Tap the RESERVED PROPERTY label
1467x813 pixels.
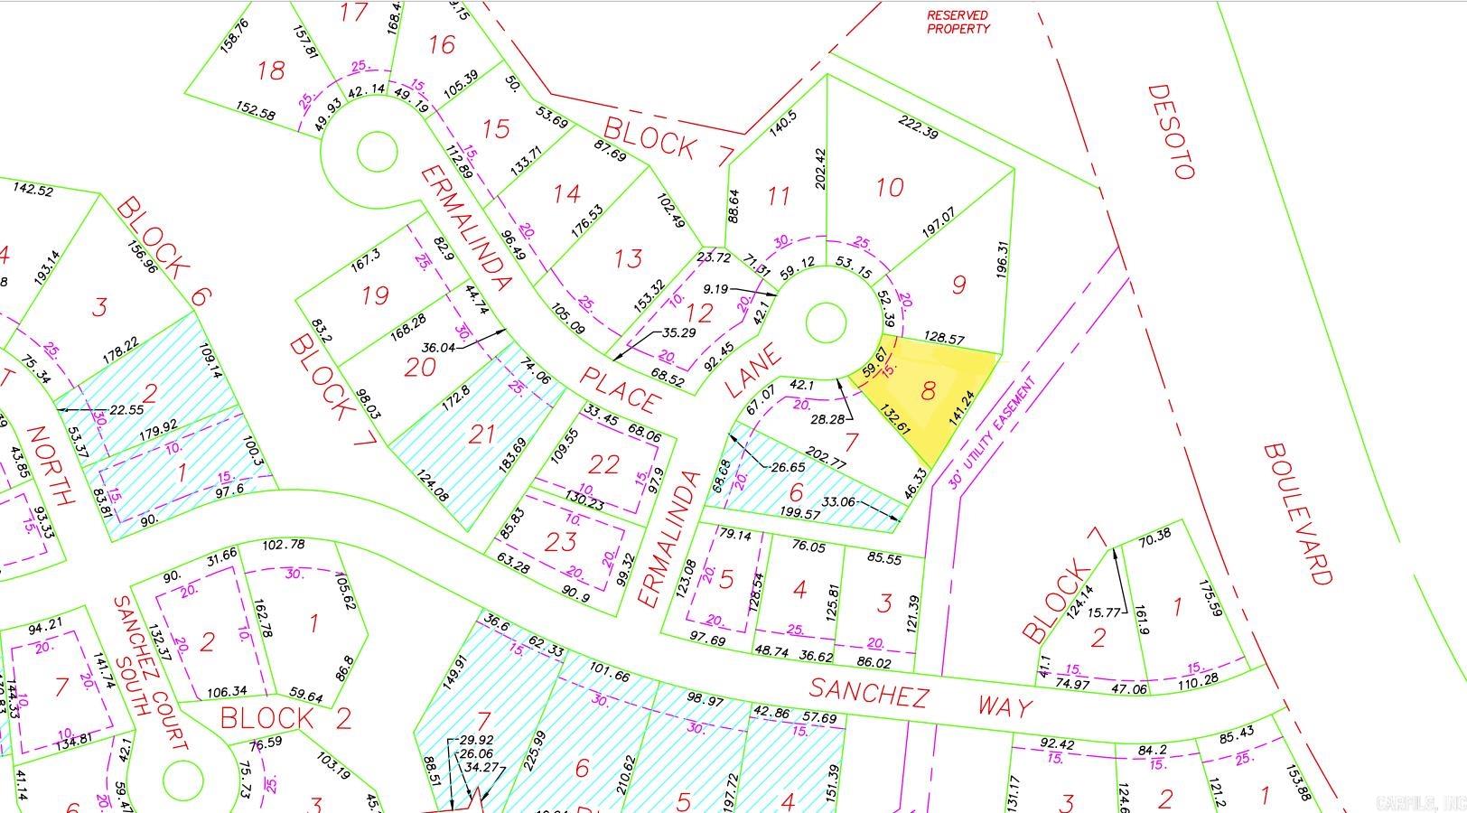tap(958, 22)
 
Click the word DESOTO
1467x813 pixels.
tap(1172, 132)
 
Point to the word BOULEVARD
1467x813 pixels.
tap(1298, 513)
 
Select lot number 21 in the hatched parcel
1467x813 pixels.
tap(481, 435)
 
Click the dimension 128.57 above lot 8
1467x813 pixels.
tap(943, 338)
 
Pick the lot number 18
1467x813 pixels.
tap(270, 70)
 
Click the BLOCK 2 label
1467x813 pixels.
tap(267, 719)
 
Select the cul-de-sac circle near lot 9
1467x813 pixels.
tap(825, 323)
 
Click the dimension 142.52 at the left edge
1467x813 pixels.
tap(33, 190)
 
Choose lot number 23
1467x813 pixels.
tap(561, 542)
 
